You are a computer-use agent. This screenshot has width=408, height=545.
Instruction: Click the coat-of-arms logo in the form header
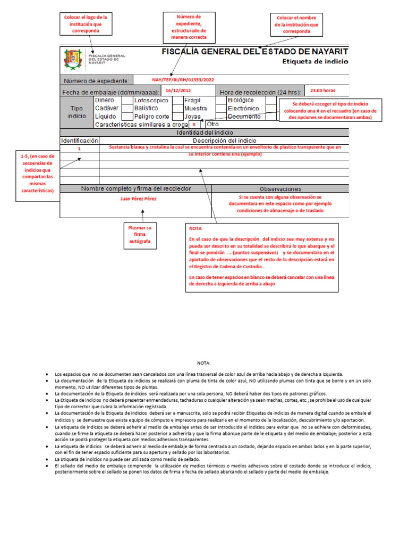73,59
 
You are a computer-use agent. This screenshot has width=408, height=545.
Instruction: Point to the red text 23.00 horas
323,90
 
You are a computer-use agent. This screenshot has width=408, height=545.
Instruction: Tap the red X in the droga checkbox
194,125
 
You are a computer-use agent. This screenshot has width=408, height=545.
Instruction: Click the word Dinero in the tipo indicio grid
104,100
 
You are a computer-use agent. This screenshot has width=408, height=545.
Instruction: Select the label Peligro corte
151,116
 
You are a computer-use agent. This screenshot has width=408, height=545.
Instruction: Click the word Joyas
192,116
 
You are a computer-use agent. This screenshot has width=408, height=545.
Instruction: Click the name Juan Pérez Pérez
139,199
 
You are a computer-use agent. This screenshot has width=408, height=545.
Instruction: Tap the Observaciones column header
280,189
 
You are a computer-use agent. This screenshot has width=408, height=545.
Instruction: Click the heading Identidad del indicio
204,133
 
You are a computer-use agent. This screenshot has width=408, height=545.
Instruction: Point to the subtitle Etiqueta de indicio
315,62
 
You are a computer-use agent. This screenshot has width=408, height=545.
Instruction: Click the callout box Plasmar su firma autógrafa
140,235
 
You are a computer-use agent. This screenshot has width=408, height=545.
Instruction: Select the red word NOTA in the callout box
195,228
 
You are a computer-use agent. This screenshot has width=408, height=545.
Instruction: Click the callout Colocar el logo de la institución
86,24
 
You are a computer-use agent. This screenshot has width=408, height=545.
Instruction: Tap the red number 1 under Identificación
79,150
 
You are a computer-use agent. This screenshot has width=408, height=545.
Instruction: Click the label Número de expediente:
96,81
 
